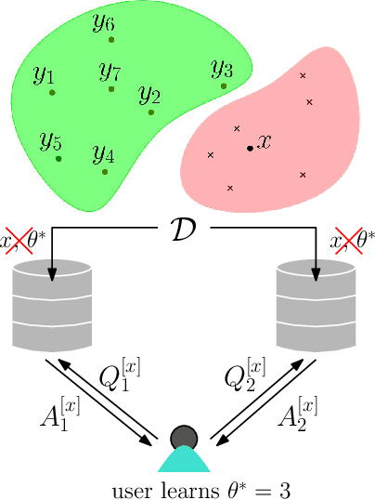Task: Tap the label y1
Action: tap(44, 74)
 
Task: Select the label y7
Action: tap(110, 71)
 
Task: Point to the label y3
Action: tap(222, 69)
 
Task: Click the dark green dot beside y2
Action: tap(151, 113)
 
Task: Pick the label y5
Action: tap(50, 142)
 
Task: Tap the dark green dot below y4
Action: tap(105, 172)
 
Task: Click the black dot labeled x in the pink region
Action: tap(249, 148)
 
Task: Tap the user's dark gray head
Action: tap(184, 437)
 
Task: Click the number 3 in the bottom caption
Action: tap(286, 487)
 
